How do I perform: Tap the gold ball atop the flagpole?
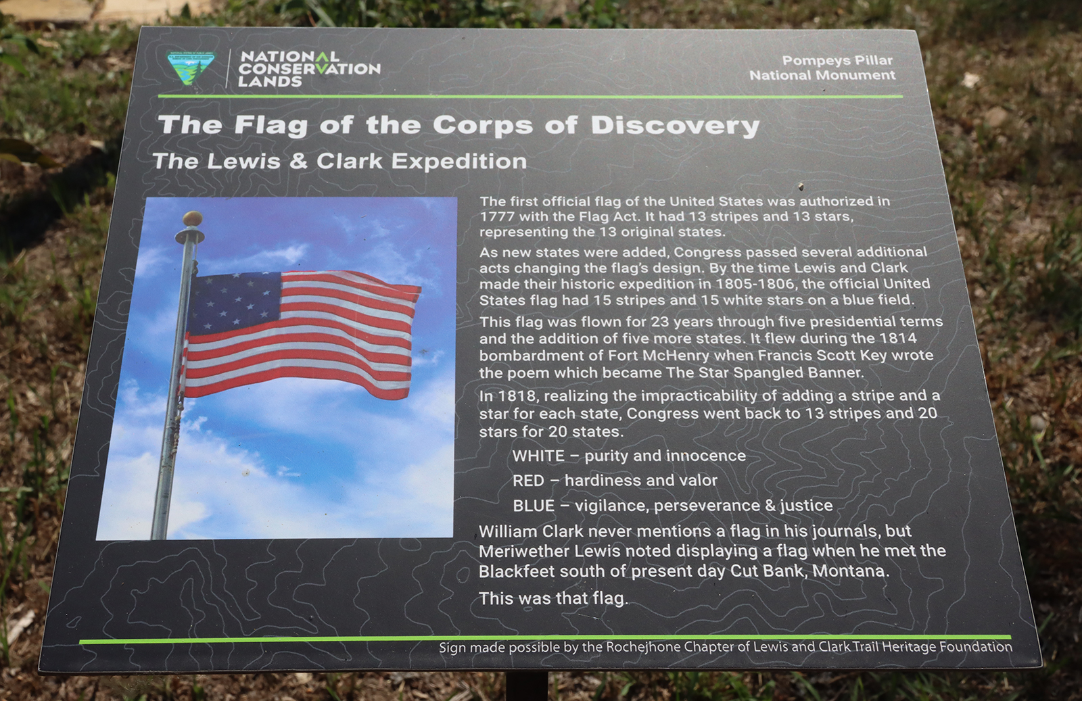click(x=193, y=218)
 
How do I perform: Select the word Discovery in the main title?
click(x=676, y=126)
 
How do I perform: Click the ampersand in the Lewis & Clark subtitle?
click(x=299, y=162)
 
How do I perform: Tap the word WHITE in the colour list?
click(x=538, y=456)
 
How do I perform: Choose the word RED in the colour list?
click(x=528, y=481)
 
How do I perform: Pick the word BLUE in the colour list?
click(x=534, y=506)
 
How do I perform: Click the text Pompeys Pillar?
click(x=837, y=61)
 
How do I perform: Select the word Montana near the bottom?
click(x=849, y=571)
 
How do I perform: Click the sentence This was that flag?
click(x=554, y=599)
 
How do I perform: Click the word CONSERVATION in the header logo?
click(x=309, y=68)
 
